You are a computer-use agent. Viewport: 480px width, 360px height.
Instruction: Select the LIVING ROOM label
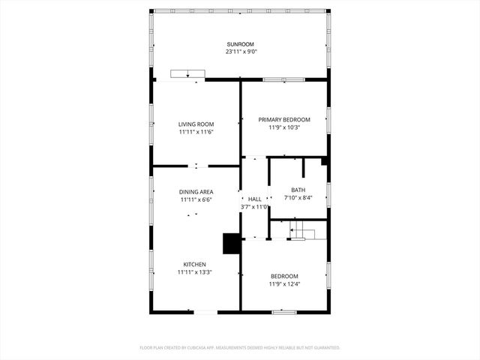(x=196, y=124)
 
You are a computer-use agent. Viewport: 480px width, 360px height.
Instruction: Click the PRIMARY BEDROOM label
(x=284, y=119)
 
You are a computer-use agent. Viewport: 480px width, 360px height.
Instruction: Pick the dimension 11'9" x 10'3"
(x=284, y=127)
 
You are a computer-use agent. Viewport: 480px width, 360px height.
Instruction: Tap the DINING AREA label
(x=196, y=192)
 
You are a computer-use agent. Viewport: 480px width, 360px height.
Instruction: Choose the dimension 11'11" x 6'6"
(x=196, y=200)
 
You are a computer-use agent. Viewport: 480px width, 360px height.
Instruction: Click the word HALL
(x=255, y=199)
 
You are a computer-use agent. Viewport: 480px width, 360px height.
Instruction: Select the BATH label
(x=298, y=190)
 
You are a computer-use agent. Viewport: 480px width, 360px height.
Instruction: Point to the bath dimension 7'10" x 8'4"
(x=298, y=199)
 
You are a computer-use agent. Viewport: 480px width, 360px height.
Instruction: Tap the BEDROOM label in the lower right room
(x=284, y=276)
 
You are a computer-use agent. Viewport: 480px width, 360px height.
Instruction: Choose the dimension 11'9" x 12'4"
(x=284, y=284)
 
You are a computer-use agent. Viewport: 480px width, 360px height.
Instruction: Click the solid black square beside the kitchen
(x=231, y=244)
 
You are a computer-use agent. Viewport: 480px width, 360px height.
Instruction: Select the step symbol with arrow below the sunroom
(x=187, y=73)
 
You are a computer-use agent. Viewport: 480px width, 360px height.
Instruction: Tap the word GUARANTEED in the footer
(x=322, y=348)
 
